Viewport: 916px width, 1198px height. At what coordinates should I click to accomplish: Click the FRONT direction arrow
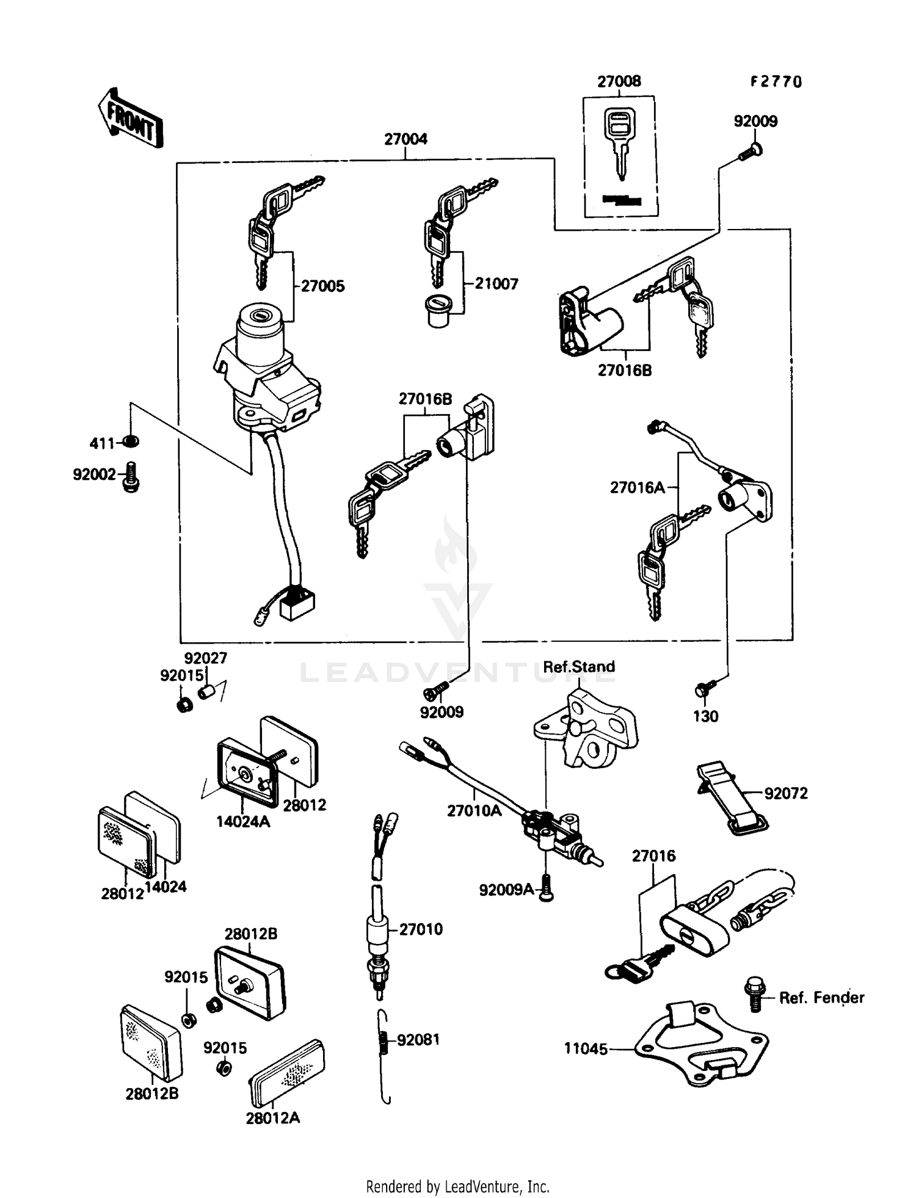pyautogui.click(x=130, y=120)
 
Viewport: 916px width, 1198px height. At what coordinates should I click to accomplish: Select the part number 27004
pyautogui.click(x=405, y=139)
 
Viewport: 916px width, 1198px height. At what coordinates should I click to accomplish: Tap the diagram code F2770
pyautogui.click(x=776, y=82)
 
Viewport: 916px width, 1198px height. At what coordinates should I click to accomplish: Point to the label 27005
pyautogui.click(x=323, y=286)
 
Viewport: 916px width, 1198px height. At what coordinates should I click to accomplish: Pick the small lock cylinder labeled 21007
pyautogui.click(x=438, y=311)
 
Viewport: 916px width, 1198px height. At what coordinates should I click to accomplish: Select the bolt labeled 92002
pyautogui.click(x=131, y=477)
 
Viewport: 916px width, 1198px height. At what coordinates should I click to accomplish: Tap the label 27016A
pyautogui.click(x=637, y=487)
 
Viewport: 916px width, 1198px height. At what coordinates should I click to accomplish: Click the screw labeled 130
pyautogui.click(x=702, y=690)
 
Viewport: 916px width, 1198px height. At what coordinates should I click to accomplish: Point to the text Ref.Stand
pyautogui.click(x=578, y=667)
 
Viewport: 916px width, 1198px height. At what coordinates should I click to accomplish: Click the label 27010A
pyautogui.click(x=474, y=810)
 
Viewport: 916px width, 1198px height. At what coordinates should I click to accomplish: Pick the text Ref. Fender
pyautogui.click(x=821, y=998)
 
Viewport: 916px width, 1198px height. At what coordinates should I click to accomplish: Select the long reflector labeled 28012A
pyautogui.click(x=287, y=1074)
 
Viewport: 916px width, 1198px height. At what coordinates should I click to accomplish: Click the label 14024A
pyautogui.click(x=242, y=821)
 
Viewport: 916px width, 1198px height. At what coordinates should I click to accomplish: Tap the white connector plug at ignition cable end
pyautogui.click(x=297, y=604)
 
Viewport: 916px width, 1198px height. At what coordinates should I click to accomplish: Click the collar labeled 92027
pyautogui.click(x=206, y=693)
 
